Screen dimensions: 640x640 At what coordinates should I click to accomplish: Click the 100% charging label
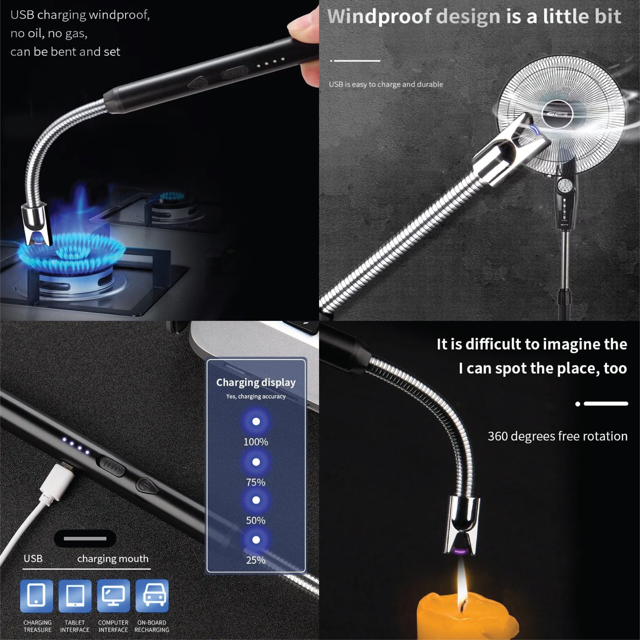click(x=256, y=442)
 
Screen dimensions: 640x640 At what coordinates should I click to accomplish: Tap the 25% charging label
click(x=256, y=560)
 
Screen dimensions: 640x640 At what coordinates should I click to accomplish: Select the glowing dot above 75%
click(x=256, y=462)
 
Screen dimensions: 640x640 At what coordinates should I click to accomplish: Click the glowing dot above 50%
click(x=256, y=500)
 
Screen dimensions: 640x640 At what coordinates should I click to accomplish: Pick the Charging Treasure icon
click(x=36, y=596)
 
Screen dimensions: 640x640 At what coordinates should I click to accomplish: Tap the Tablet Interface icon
click(x=75, y=596)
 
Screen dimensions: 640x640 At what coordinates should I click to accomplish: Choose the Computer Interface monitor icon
click(x=113, y=596)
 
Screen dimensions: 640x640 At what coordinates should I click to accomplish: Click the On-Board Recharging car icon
click(x=152, y=596)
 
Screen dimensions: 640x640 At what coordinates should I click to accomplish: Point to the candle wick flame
click(x=462, y=582)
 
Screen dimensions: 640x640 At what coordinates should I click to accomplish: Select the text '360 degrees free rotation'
click(x=557, y=436)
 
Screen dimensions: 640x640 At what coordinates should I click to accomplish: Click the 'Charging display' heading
click(x=256, y=382)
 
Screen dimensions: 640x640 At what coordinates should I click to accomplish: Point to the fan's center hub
click(x=557, y=114)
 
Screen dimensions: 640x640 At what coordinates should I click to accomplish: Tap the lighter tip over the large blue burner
click(x=37, y=226)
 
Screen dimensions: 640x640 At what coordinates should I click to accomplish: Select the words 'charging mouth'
click(x=113, y=558)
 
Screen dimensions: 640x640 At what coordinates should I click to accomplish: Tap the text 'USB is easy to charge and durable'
click(x=386, y=84)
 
